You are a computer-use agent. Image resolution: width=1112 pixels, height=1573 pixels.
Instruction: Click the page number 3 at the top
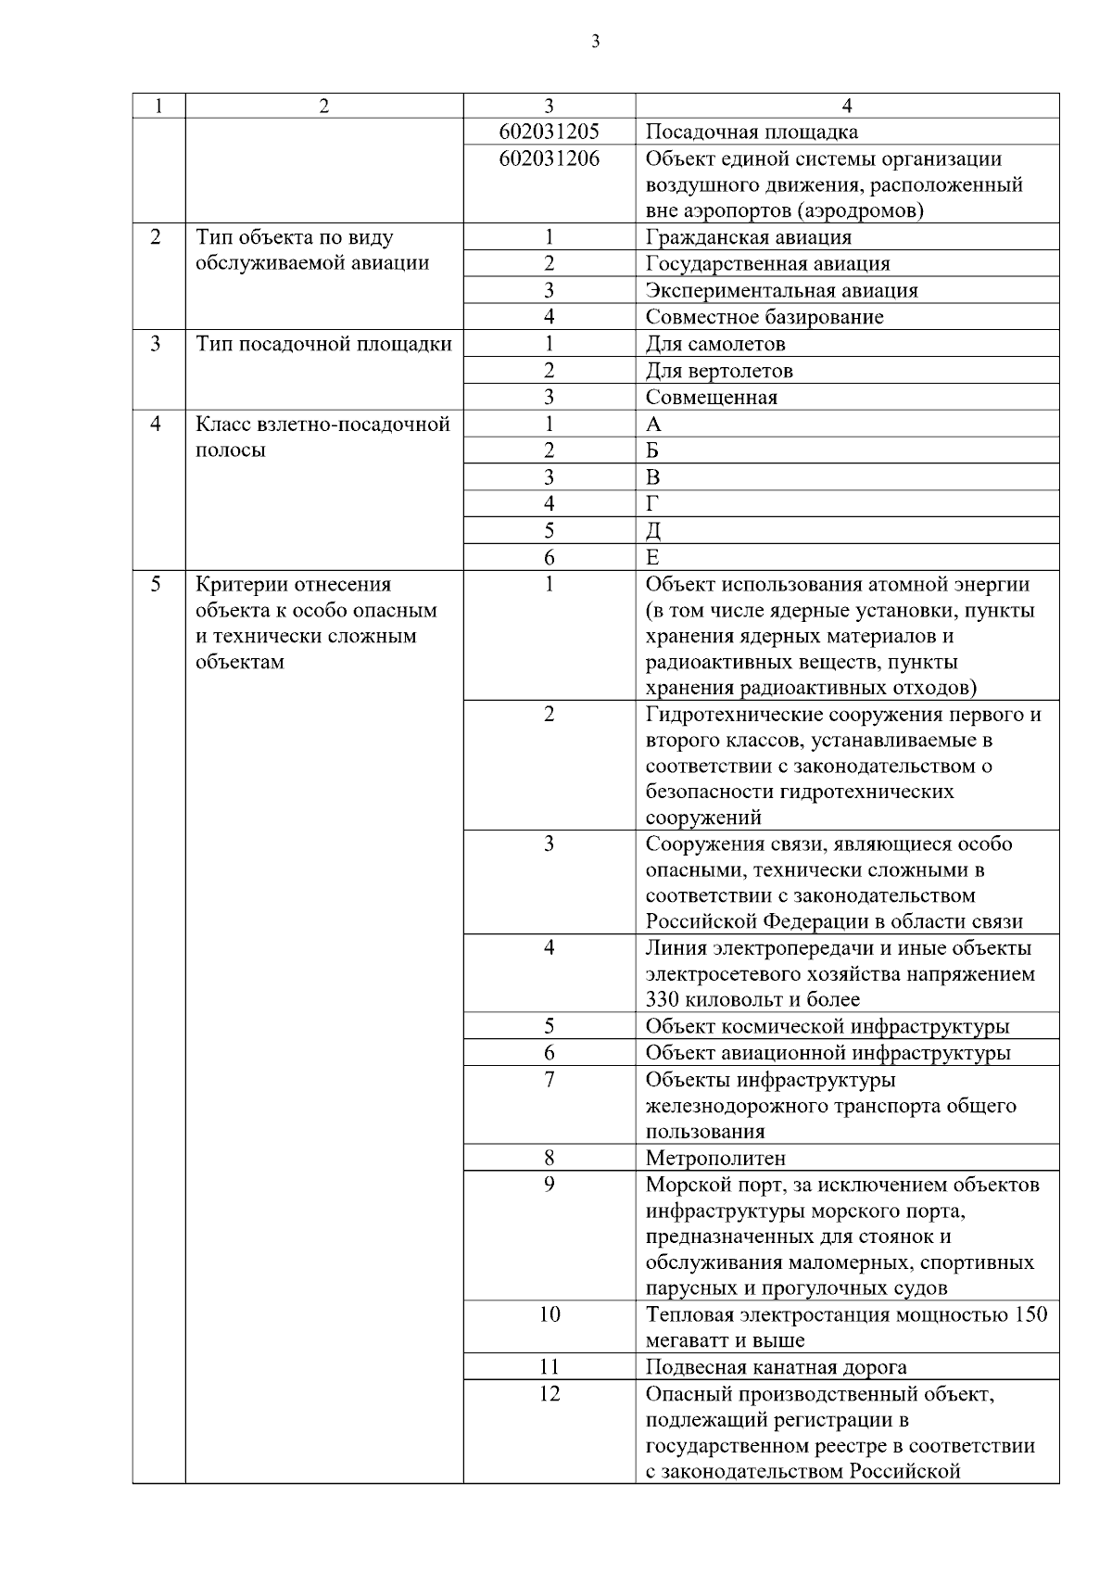(594, 41)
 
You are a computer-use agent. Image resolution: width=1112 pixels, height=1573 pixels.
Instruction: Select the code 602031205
(549, 132)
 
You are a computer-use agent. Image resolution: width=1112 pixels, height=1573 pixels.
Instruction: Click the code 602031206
(549, 159)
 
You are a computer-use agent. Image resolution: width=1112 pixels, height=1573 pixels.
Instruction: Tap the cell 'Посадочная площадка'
(752, 132)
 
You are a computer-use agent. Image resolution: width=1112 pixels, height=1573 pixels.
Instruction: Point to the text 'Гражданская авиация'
(748, 237)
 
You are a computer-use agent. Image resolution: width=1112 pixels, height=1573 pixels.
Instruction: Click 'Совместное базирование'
(764, 317)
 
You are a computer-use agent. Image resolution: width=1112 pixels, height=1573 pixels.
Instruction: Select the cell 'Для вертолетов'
(719, 371)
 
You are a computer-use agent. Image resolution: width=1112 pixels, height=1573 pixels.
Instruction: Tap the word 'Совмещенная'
(711, 398)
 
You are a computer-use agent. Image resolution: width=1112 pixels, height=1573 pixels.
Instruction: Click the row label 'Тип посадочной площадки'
(323, 344)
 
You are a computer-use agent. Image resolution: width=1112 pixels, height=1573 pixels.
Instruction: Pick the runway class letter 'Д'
(652, 531)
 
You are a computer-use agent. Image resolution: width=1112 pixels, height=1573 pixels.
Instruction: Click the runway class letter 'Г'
(651, 504)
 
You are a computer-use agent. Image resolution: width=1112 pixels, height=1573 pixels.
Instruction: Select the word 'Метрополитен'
(715, 1158)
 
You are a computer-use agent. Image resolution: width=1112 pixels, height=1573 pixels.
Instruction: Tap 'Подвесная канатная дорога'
(776, 1367)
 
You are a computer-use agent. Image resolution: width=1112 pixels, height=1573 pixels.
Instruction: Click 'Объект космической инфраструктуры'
(828, 1026)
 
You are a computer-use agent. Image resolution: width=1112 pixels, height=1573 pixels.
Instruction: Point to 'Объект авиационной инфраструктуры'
(828, 1053)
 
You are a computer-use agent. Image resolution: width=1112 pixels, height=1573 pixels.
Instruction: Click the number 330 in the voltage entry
(663, 999)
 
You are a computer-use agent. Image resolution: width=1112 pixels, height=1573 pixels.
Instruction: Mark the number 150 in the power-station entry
(1031, 1314)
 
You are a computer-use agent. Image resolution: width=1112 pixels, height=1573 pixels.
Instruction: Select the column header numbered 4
(847, 106)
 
